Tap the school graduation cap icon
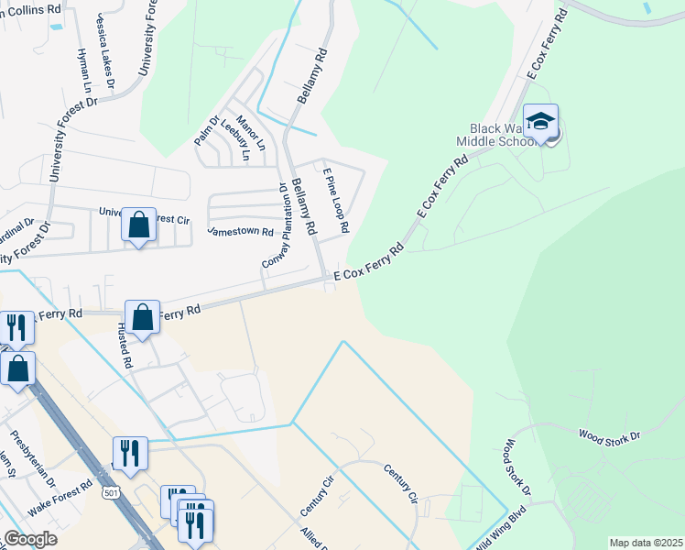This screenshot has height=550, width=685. [x=541, y=124]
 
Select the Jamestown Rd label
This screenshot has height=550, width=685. [x=241, y=232]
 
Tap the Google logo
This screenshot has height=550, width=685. [x=31, y=539]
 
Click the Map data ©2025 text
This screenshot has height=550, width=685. [x=646, y=543]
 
